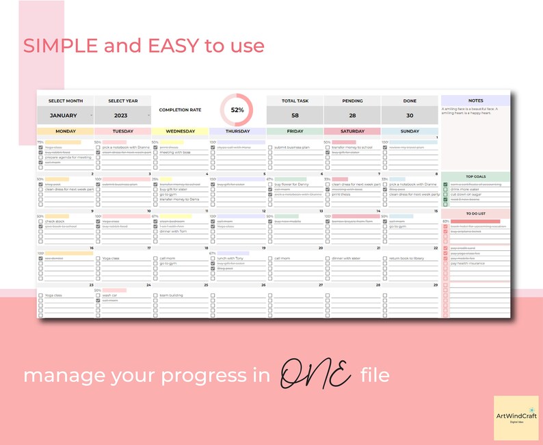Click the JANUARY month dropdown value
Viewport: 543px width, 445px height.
63,116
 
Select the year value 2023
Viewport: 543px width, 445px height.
120,116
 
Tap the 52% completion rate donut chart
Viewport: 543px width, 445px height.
237,109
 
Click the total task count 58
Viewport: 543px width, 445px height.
295,116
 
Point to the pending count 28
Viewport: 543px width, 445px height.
352,116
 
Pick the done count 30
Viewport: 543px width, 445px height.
410,116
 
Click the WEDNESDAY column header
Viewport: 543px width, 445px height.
181,131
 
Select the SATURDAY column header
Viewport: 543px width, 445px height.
352,131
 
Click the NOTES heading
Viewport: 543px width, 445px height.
475,100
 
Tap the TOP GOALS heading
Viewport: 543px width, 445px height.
475,176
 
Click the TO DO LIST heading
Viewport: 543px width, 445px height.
475,213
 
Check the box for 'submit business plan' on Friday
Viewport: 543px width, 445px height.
271,147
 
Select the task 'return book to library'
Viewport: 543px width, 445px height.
408,258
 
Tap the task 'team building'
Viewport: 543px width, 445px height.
172,295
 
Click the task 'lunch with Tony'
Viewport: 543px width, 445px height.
231,258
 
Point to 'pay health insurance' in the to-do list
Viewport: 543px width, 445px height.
468,263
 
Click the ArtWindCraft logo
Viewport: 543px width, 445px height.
516,417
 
